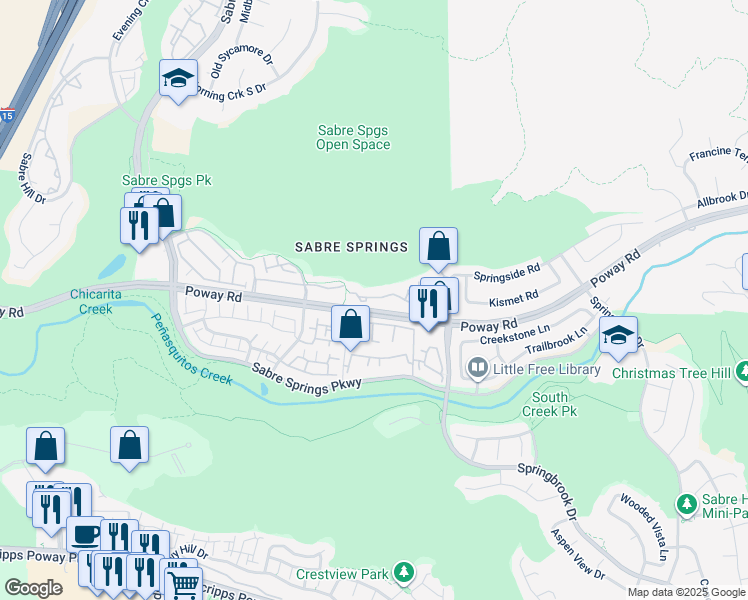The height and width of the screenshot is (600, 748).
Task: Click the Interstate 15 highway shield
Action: [x=7, y=115]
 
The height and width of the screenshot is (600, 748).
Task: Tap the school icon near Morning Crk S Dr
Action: [x=178, y=81]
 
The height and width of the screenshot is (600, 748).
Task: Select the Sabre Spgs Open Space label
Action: [x=353, y=137]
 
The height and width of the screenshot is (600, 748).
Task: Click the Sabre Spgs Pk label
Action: [x=167, y=180]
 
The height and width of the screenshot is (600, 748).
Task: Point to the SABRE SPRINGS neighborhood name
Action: [x=351, y=247]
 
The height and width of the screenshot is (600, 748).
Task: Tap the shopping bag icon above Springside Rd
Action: [x=438, y=246]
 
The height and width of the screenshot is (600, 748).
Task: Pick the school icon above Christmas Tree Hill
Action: [x=618, y=336]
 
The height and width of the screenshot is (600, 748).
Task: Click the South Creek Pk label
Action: [x=550, y=404]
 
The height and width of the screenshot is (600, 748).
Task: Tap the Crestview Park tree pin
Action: [x=402, y=573]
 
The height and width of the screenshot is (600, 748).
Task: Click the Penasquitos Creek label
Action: [x=191, y=349]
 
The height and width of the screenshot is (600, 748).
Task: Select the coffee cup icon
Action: [x=84, y=534]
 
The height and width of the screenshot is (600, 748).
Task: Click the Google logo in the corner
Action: [x=33, y=588]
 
